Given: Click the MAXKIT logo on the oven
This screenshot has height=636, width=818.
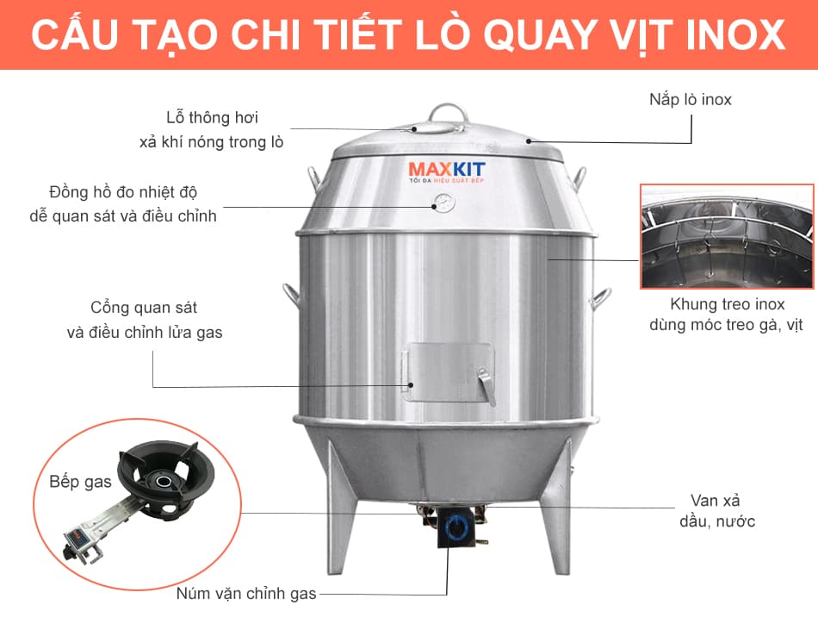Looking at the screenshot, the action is point(447,171).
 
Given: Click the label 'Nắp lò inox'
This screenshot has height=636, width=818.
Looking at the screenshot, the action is point(691,99).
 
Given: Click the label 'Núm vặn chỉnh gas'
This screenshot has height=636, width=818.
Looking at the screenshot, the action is point(246,594).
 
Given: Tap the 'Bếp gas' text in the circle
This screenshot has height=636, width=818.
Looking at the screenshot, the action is point(80,482).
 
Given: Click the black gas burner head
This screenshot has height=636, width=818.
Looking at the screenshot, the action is point(164,478).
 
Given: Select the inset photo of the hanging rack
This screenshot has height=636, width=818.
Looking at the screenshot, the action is point(727,236).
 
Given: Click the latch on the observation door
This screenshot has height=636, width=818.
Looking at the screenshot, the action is point(486,385).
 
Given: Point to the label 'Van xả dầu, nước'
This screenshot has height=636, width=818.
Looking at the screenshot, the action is point(716,511).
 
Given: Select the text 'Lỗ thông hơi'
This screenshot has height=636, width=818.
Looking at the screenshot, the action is point(212,117).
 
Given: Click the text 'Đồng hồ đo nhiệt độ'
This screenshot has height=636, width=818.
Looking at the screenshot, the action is point(123,192).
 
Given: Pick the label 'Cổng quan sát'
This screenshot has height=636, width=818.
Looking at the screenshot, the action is point(144,308).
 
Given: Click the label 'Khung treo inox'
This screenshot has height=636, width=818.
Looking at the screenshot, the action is point(728,304).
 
